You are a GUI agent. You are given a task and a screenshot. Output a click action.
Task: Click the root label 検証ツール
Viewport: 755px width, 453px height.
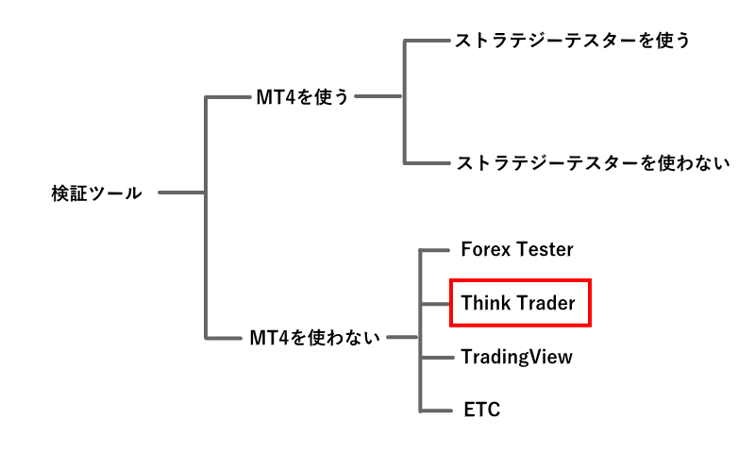point(96,193)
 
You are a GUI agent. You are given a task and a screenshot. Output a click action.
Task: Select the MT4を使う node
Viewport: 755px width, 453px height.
point(303,96)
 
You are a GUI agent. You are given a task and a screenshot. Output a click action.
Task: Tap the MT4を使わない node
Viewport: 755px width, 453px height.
point(314,337)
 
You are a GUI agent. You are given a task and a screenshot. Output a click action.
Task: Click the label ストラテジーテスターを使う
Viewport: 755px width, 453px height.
point(573,41)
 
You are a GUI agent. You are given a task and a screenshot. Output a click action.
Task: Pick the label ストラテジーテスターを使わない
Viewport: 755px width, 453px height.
point(593,162)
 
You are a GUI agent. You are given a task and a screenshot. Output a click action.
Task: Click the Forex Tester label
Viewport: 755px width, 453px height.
point(517,250)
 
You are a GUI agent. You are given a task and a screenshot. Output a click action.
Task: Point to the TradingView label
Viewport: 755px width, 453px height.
point(516,357)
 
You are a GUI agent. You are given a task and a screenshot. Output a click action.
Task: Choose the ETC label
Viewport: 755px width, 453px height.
point(481,410)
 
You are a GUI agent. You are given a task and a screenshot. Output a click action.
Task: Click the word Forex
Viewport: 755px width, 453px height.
point(486,250)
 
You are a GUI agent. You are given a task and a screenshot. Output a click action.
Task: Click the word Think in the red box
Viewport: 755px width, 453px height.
point(486,303)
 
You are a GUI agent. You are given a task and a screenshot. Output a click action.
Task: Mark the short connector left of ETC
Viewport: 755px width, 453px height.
point(433,410)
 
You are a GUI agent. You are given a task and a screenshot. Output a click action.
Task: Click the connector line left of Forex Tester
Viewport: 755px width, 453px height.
point(433,250)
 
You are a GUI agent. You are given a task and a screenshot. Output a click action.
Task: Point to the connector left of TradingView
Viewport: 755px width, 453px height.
point(433,357)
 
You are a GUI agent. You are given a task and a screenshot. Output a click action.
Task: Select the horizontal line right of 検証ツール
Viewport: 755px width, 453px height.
point(182,193)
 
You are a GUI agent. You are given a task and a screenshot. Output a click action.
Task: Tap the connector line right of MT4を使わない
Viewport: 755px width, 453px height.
point(402,337)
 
